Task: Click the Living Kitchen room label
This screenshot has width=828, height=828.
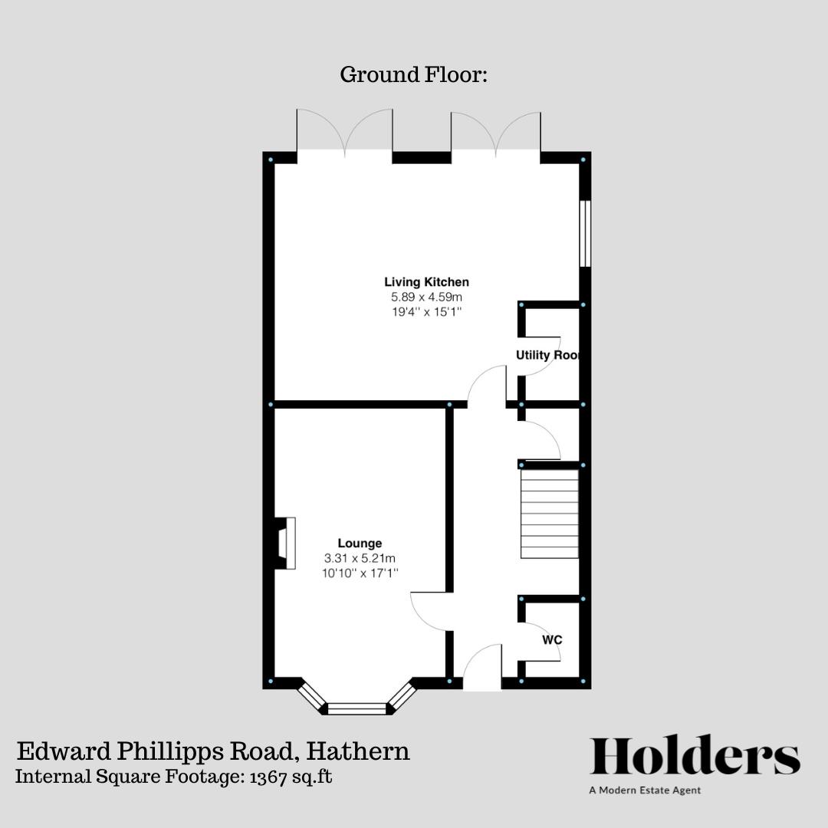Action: pyautogui.click(x=426, y=282)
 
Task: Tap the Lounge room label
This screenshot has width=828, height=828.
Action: pyautogui.click(x=360, y=544)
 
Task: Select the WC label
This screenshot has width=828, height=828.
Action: pyautogui.click(x=552, y=639)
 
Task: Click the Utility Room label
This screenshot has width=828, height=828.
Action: pyautogui.click(x=547, y=356)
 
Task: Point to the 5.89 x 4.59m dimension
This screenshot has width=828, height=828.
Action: pyautogui.click(x=426, y=297)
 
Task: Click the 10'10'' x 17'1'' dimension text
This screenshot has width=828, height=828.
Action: pyautogui.click(x=360, y=573)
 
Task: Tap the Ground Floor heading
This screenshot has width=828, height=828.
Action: pyautogui.click(x=413, y=75)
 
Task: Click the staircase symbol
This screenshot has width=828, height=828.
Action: pyautogui.click(x=550, y=514)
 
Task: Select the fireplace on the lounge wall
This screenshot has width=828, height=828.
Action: pyautogui.click(x=286, y=543)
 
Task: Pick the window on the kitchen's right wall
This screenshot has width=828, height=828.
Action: pyautogui.click(x=585, y=233)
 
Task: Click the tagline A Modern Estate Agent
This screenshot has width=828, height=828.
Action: pyautogui.click(x=645, y=790)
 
